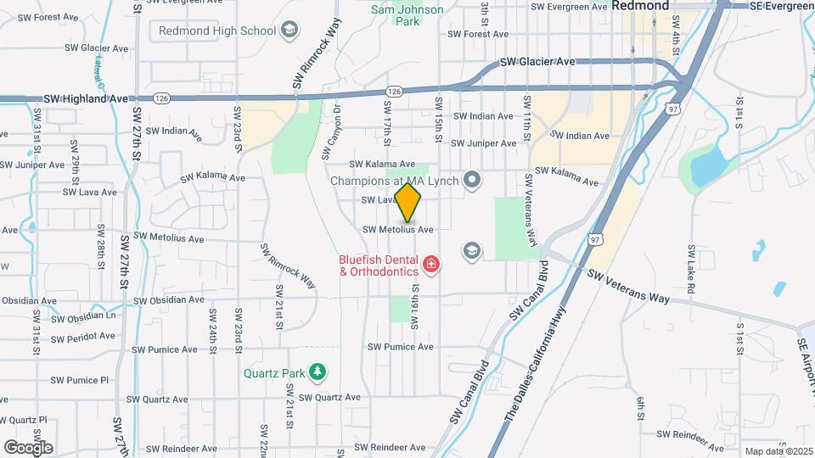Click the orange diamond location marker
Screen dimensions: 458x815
408,203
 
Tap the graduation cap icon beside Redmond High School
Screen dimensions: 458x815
290,31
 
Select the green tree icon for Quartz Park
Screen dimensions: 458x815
318,371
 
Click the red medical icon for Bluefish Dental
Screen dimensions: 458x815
432,265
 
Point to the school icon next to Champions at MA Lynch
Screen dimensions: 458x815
474,180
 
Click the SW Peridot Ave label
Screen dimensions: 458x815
83,337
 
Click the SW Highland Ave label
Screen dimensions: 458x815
87,99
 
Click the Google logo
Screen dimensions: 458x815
28,447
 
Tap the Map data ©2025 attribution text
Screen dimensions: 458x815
778,451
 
